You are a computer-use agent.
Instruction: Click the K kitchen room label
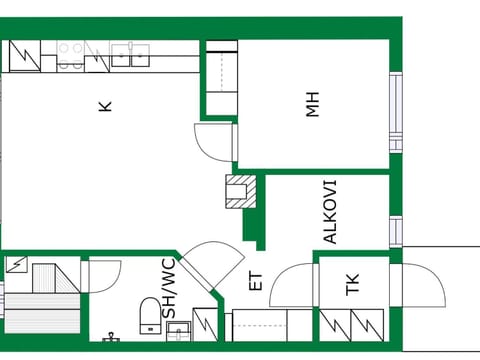click(105, 106)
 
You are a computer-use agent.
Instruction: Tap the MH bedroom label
click(313, 104)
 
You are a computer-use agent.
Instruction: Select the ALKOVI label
click(330, 212)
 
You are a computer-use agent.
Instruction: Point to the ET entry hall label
click(256, 282)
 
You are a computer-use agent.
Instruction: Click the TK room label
click(353, 284)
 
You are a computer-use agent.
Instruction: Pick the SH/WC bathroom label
click(169, 289)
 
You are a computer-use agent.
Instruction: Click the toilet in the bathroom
click(150, 315)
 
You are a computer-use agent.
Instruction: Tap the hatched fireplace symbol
click(241, 191)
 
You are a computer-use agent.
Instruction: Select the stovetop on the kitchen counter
click(70, 56)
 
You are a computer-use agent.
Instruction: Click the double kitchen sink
click(130, 55)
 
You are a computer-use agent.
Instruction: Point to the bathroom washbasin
click(178, 331)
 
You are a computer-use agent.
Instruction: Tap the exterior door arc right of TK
click(424, 285)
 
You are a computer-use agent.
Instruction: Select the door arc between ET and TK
click(291, 285)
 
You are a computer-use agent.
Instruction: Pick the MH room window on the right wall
click(396, 112)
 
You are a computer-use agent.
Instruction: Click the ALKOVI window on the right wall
click(396, 232)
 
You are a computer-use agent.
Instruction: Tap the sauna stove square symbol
click(17, 264)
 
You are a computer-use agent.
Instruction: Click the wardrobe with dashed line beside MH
click(222, 78)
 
